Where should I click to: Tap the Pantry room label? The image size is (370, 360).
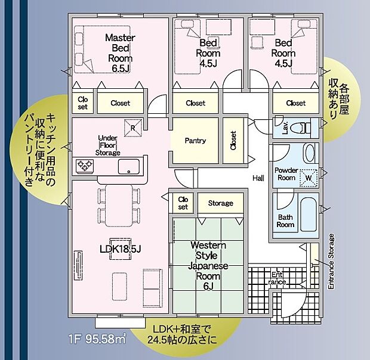195,141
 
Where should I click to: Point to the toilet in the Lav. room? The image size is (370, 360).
303,127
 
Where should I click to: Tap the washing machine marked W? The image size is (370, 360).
308,177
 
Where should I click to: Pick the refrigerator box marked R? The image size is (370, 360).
134,126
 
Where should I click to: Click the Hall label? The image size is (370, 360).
258,178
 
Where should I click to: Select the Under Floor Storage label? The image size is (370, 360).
109,145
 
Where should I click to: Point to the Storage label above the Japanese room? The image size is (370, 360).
220,203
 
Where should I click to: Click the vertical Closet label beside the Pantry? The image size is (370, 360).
233,141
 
